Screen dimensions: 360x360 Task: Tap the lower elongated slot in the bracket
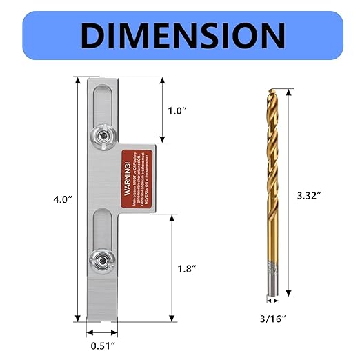[101, 234]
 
